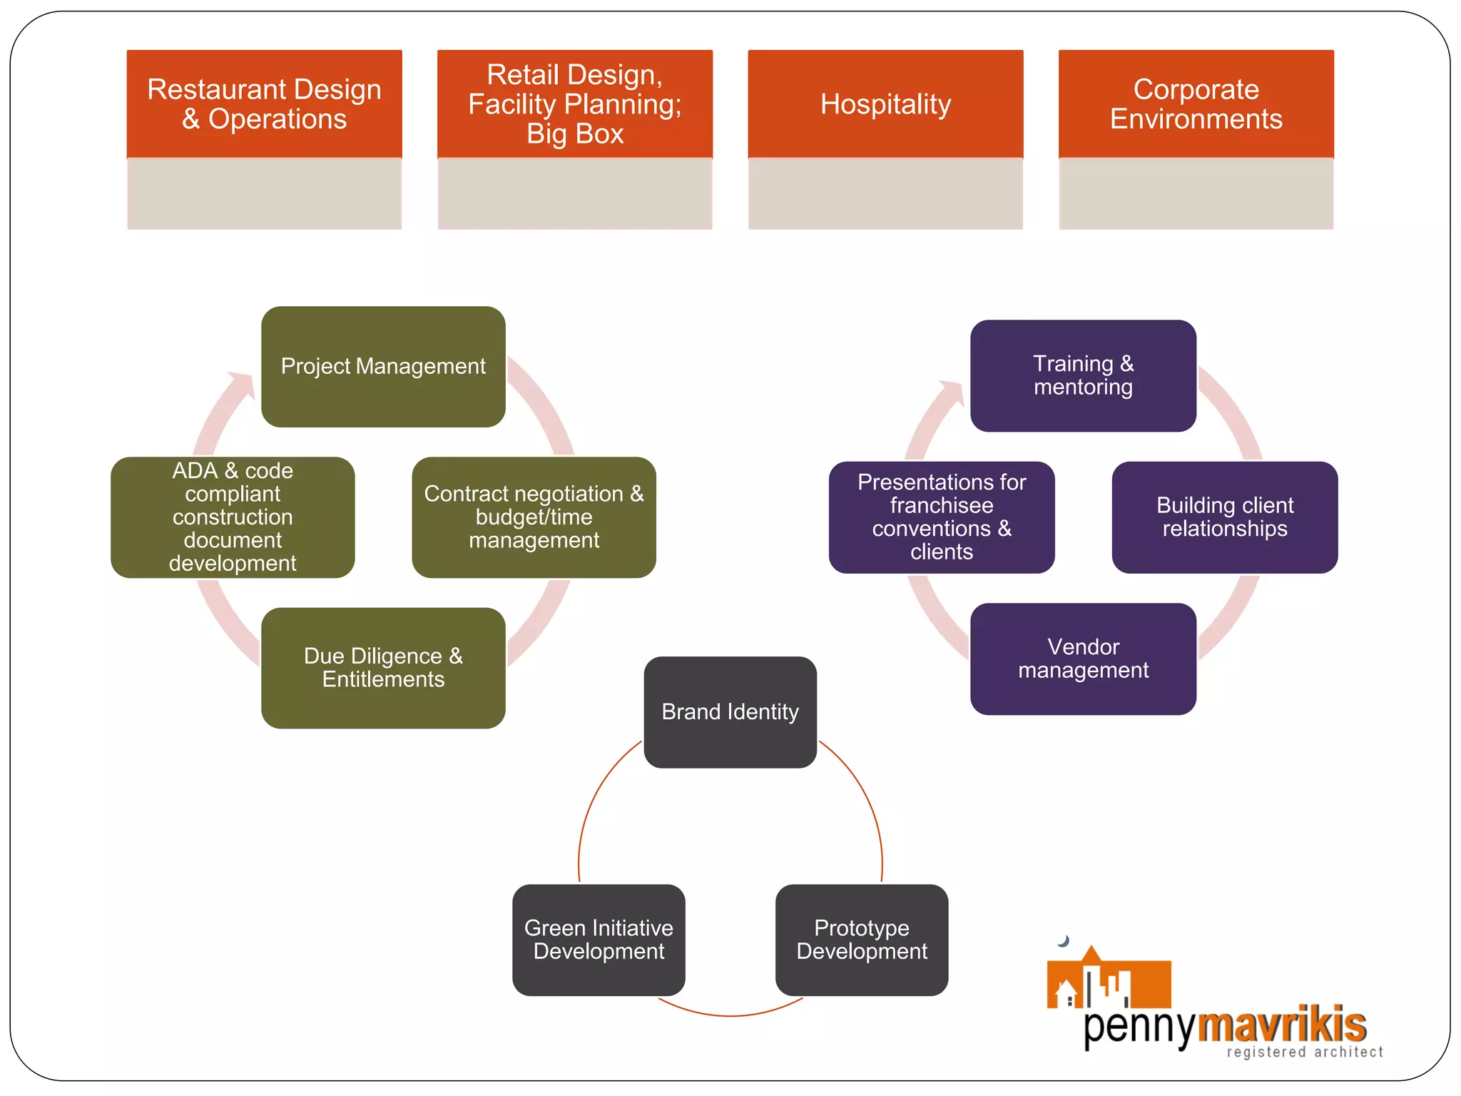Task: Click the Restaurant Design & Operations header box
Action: (x=264, y=104)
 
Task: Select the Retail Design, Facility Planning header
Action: (x=574, y=104)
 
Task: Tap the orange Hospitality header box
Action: (x=885, y=104)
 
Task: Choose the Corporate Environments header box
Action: (x=1196, y=104)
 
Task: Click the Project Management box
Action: (x=383, y=367)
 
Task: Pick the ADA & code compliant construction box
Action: (x=233, y=517)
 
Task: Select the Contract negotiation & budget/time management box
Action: (x=534, y=517)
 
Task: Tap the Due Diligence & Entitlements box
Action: (x=383, y=668)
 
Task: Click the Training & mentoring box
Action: (x=1083, y=375)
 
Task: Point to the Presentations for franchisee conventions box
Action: (x=942, y=517)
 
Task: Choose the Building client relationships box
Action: (x=1224, y=517)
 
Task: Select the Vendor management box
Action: (x=1083, y=659)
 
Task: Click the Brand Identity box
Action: (x=730, y=712)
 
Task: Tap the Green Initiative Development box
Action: (x=599, y=940)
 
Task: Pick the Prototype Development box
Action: (x=862, y=940)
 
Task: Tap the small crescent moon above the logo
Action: (x=1064, y=941)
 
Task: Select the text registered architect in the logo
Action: (x=1305, y=1052)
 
